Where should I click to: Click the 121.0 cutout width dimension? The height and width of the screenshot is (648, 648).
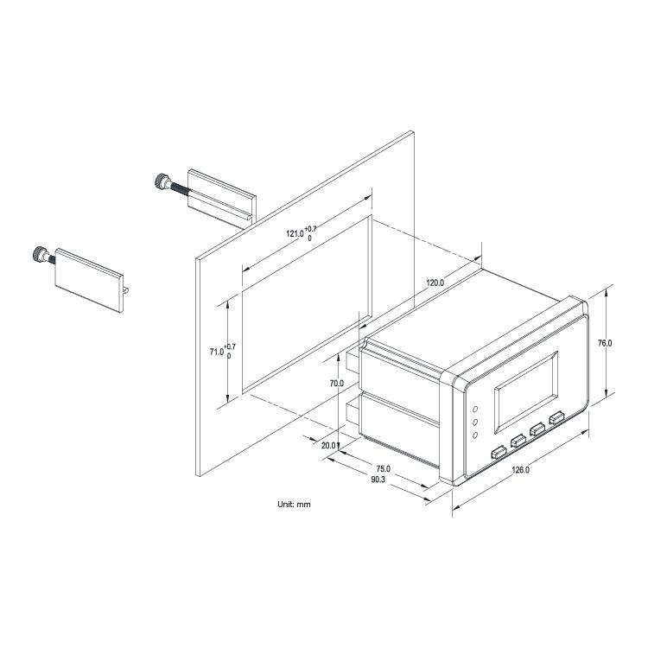point(302,233)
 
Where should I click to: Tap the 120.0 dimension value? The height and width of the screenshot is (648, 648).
point(435,283)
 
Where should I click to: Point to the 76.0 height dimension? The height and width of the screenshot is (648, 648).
point(605,343)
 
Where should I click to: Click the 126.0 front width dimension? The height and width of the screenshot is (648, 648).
point(521,470)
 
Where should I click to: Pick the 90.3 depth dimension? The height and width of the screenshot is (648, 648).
point(377,480)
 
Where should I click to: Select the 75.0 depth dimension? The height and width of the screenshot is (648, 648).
point(383,468)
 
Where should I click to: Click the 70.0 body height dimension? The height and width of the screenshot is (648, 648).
point(337,384)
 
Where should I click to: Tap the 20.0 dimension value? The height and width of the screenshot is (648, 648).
point(328,446)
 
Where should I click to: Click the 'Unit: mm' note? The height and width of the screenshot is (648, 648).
point(294,505)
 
